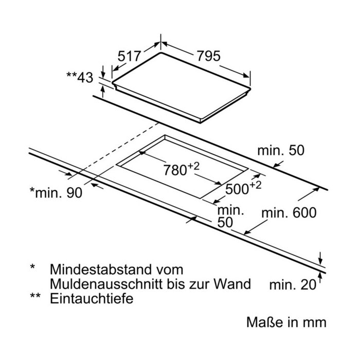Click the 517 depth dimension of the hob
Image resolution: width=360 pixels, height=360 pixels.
129,56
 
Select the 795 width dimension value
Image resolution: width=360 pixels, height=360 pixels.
209,56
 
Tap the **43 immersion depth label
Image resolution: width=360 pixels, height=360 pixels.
80,77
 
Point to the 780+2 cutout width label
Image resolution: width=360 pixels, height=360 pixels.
182,169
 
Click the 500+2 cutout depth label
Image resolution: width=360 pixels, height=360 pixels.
243,188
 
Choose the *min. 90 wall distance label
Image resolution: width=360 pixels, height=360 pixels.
56,192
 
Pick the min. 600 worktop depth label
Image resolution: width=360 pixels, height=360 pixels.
289,212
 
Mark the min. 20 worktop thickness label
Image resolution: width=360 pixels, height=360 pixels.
293,285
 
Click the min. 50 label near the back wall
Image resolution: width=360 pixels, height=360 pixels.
281,150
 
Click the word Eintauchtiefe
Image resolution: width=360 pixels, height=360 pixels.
92,298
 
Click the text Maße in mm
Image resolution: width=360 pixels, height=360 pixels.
286,322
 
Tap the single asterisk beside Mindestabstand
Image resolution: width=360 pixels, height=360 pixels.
32,267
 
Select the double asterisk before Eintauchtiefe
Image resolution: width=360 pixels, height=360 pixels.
35,296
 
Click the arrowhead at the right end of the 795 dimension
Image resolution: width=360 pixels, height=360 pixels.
246,75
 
